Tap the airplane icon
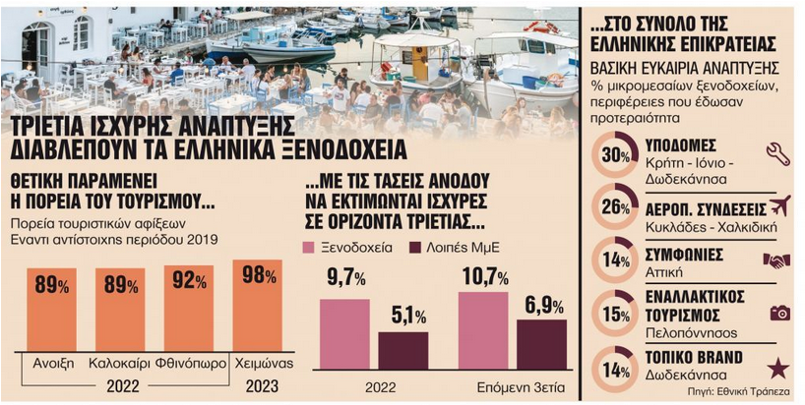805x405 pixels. point(779,205)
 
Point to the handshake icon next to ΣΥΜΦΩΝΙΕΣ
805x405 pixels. point(776,260)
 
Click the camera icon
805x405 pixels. point(779,313)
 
